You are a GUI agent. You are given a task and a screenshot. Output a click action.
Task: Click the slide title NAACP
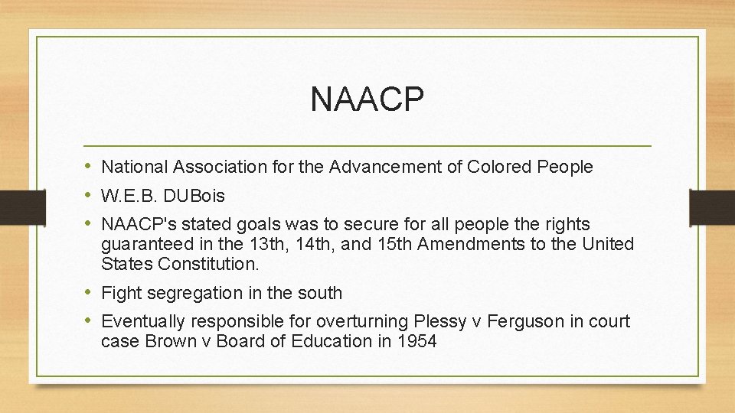(367, 99)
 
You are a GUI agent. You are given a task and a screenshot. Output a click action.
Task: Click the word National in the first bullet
(135, 167)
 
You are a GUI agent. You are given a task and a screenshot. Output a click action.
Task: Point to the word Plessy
(437, 321)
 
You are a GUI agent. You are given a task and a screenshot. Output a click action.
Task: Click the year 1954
(416, 341)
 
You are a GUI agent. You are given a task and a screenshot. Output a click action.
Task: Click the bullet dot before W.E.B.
(89, 196)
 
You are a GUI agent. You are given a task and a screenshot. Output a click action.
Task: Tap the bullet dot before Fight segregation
(89, 293)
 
